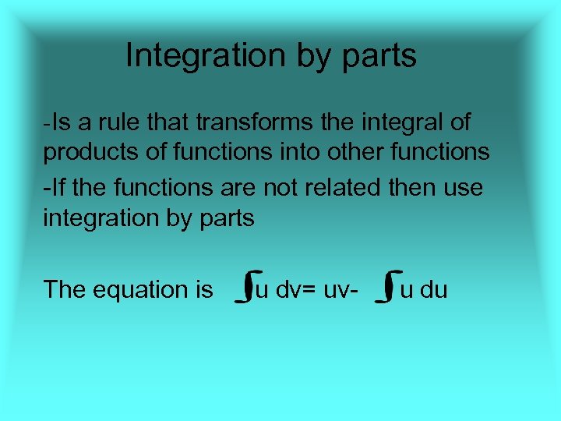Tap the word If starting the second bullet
coord(53,187)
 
